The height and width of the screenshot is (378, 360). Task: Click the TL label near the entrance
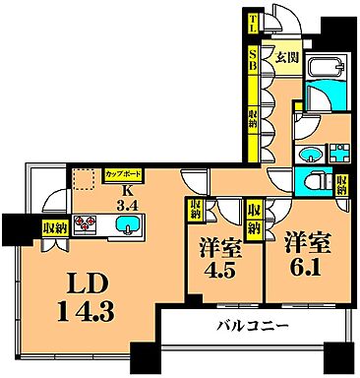(253, 21)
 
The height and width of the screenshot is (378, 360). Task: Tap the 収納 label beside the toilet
(340, 183)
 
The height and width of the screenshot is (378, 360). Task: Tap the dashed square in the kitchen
(82, 177)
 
